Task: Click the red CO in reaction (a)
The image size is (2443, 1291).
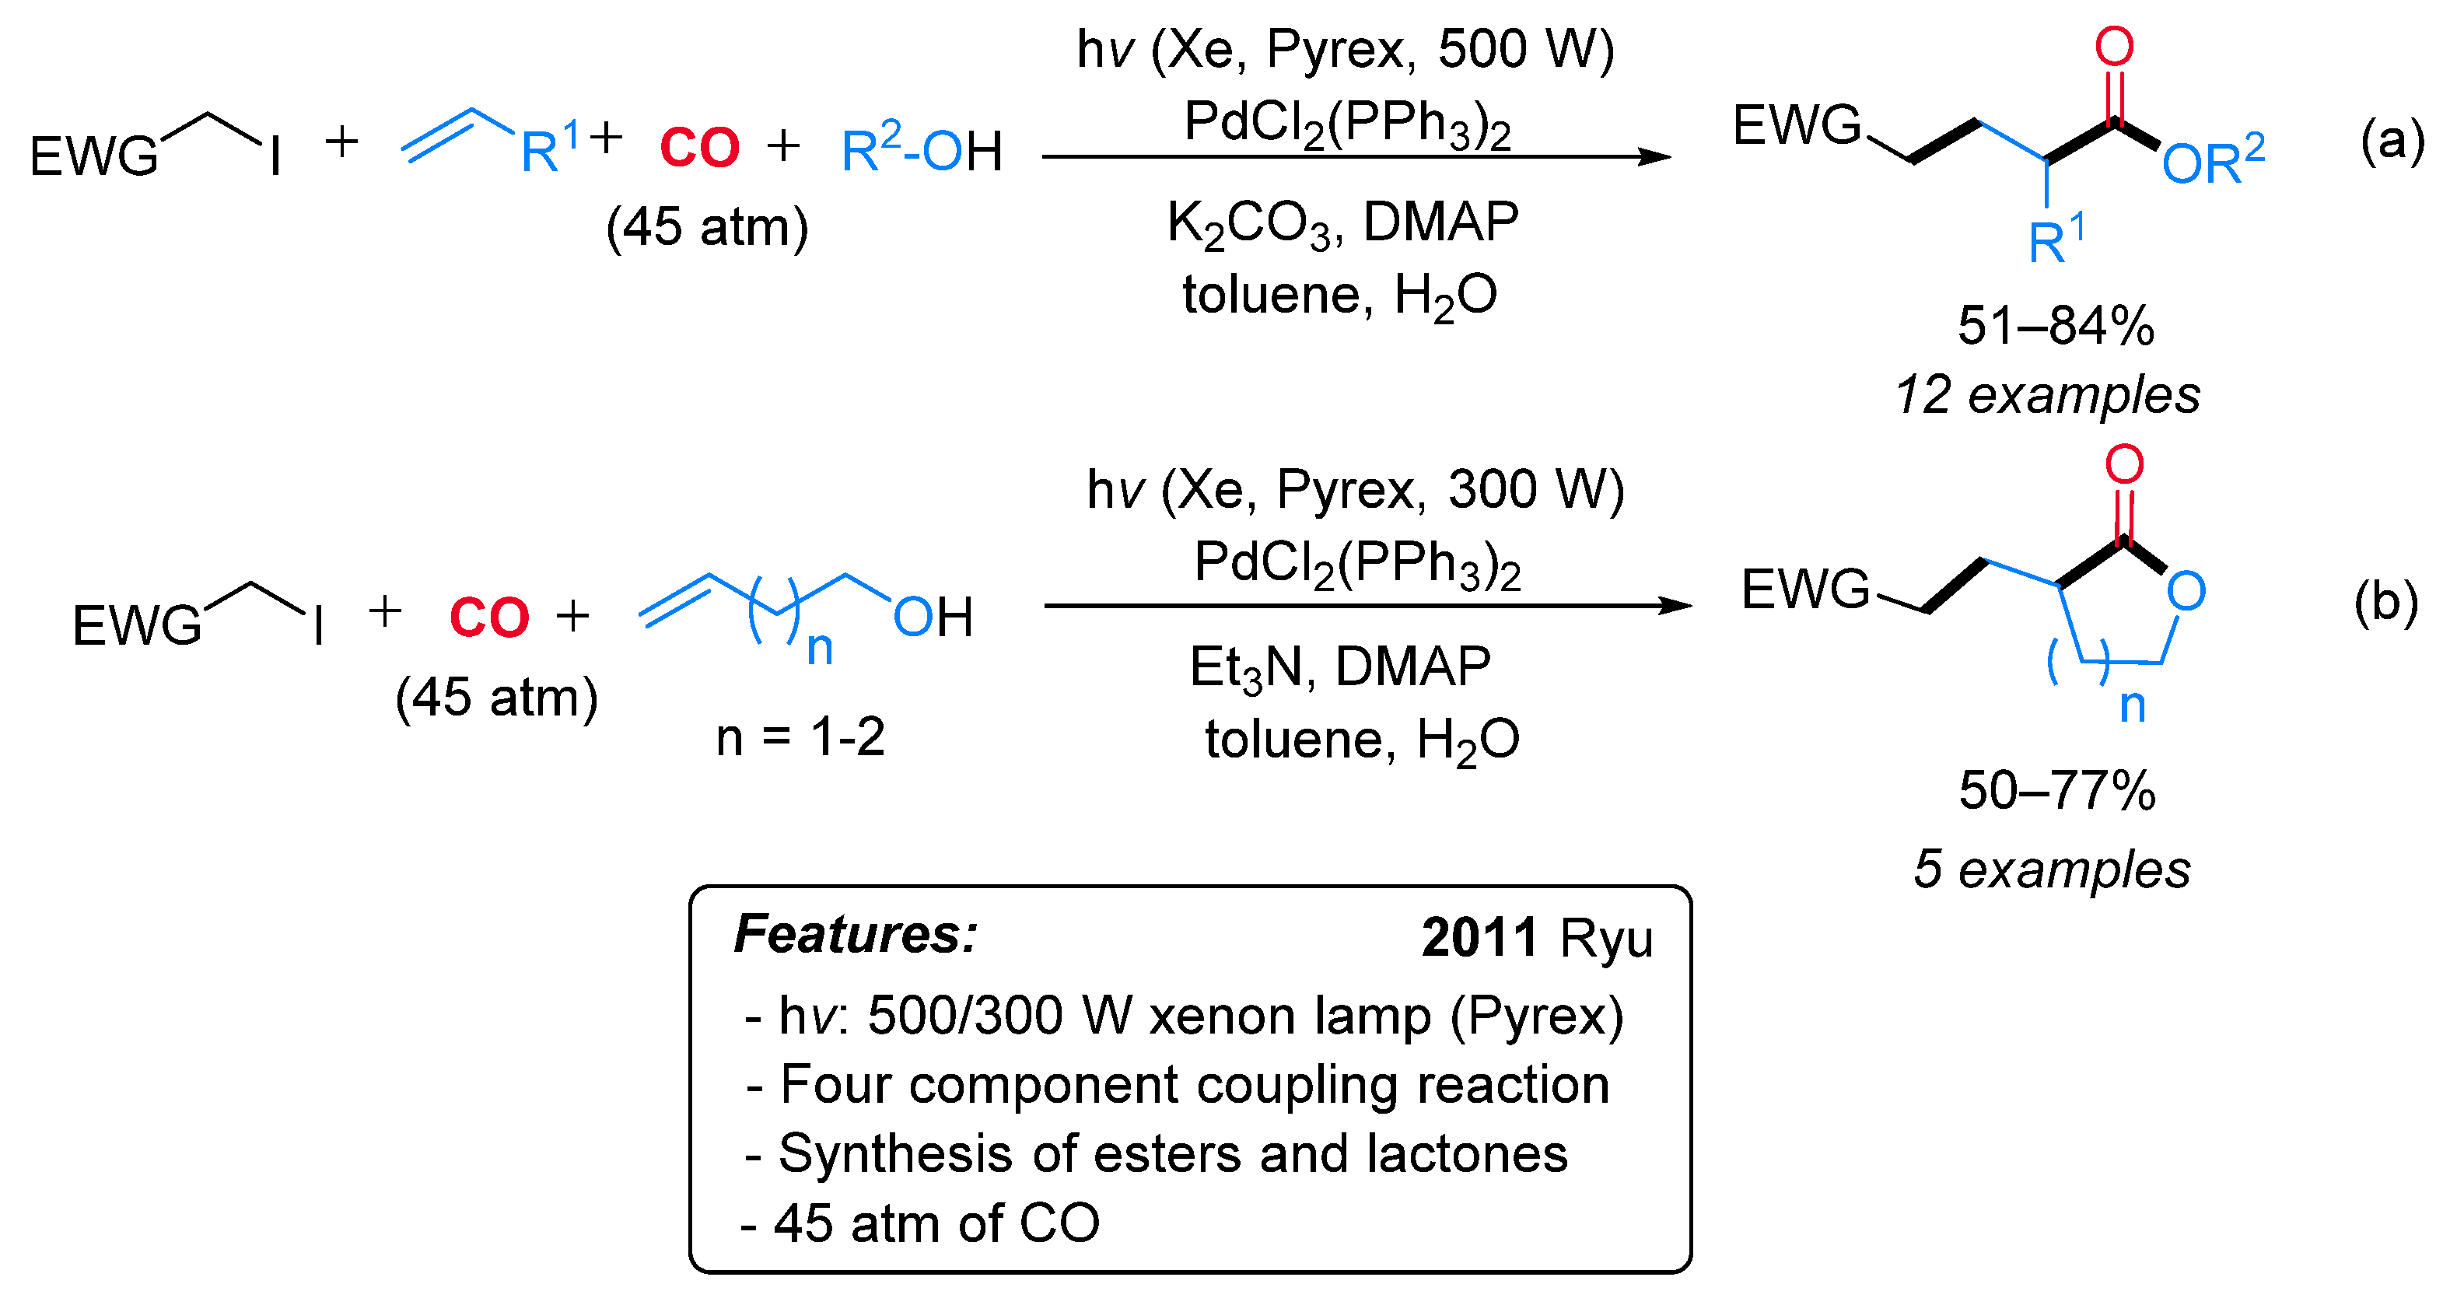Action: click(699, 148)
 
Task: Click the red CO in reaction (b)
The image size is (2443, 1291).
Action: click(488, 618)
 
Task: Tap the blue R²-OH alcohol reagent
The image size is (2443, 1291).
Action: click(921, 150)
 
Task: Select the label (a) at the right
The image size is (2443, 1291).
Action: click(2392, 141)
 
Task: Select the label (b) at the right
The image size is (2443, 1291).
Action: click(2386, 604)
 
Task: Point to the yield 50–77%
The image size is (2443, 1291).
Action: click(2057, 790)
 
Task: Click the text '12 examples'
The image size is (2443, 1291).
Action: click(2046, 394)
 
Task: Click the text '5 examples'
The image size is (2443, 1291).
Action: click(2051, 869)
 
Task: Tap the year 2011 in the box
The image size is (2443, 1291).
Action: click(1479, 938)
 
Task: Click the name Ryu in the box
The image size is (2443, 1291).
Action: click(1605, 939)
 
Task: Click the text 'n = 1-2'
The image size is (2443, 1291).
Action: click(800, 737)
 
